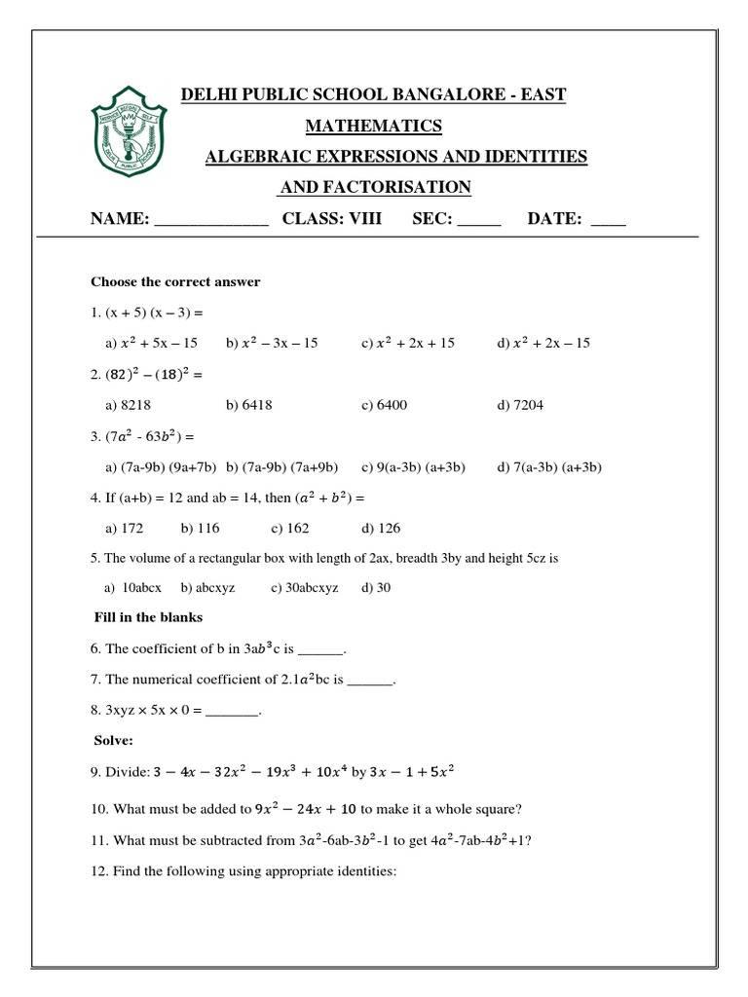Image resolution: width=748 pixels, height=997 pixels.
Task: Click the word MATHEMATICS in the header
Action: (374, 126)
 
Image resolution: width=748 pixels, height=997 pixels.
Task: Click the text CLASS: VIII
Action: (332, 219)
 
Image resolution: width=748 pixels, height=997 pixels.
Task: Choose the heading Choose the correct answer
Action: (175, 282)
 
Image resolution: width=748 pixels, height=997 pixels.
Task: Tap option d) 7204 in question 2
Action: (523, 404)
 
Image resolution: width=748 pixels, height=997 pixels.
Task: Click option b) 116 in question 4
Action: (200, 529)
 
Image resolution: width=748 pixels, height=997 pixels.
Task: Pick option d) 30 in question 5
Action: (376, 588)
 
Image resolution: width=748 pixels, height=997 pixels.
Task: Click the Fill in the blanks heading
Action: (148, 617)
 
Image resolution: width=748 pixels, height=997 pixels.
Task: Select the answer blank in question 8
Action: (233, 713)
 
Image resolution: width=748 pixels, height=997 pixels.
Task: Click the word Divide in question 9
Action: (131, 774)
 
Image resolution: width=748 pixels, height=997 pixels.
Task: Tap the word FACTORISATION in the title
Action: (376, 187)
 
